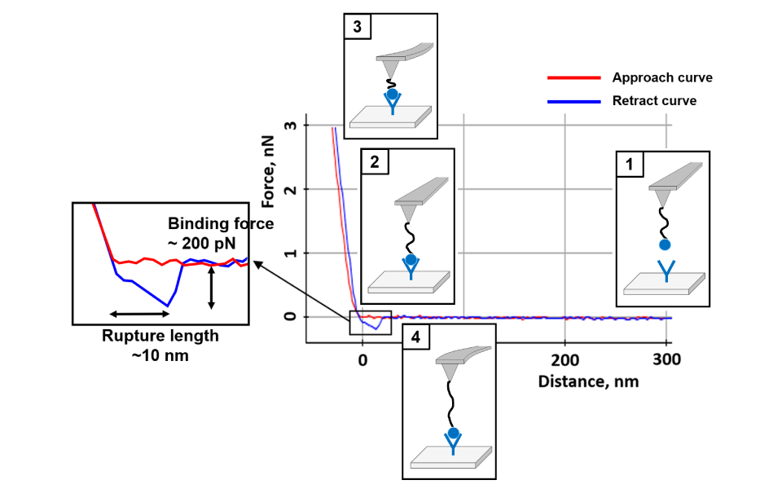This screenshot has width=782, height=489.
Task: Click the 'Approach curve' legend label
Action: coord(662,78)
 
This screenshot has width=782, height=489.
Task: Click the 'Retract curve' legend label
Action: coord(654,101)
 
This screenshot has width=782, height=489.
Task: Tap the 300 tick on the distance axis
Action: coord(666,359)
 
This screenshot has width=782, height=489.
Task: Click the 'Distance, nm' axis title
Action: coord(588,381)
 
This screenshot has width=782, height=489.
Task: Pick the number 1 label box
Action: coord(629,165)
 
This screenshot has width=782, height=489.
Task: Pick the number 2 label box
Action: coord(374,162)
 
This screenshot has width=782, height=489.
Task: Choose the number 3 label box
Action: coord(358,27)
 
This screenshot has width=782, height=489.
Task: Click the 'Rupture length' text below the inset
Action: coord(160,336)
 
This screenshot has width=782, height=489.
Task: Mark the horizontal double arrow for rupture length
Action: coord(139,314)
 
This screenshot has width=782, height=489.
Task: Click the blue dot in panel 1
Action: coord(665,244)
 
